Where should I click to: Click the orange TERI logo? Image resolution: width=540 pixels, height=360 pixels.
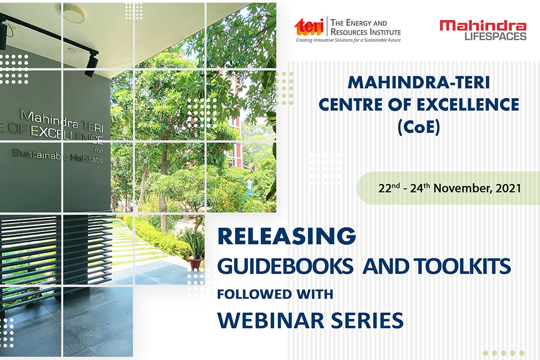[x=309, y=27]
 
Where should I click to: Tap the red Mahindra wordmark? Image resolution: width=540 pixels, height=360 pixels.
[x=483, y=25]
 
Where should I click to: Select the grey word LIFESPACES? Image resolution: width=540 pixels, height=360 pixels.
[x=495, y=36]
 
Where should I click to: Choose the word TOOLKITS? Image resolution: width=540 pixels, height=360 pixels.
[x=462, y=266]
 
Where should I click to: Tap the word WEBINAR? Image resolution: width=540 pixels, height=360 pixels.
[x=271, y=320]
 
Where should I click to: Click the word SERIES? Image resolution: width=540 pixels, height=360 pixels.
[x=367, y=320]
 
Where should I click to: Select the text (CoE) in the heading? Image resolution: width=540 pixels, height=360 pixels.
[x=419, y=128]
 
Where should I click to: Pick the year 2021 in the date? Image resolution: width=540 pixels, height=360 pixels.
[x=508, y=188]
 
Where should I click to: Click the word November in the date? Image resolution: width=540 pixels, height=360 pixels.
[x=462, y=188]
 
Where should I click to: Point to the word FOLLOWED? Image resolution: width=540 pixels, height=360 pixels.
[x=255, y=295]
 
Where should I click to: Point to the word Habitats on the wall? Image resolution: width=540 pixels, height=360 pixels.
[x=86, y=158]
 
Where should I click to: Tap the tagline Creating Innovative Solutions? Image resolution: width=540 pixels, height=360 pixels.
[x=348, y=40]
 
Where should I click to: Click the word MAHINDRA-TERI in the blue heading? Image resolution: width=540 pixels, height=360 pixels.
[x=419, y=83]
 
